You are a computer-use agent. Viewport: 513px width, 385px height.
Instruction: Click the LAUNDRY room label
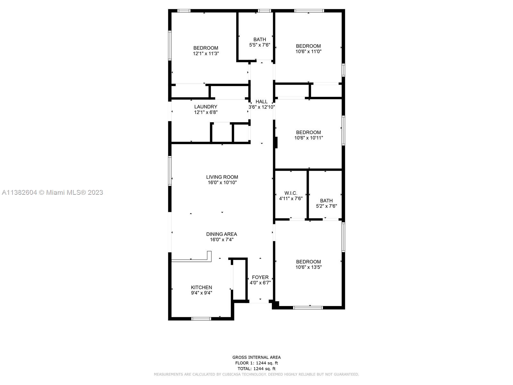[x=206, y=107]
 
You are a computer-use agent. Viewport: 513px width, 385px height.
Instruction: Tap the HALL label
[x=261, y=102]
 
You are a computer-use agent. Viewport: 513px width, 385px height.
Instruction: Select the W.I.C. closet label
[x=291, y=193]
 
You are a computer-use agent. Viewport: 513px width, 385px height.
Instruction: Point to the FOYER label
[x=260, y=277]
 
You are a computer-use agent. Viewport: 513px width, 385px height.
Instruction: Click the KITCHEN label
[x=201, y=287]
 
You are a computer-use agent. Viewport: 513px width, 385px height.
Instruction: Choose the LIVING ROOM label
[x=222, y=177]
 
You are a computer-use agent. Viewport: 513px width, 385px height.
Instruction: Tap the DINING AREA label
[x=222, y=234]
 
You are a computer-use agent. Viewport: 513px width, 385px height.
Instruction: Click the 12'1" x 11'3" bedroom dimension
[x=206, y=54]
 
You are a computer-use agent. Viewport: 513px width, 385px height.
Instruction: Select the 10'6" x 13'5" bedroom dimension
[x=308, y=267]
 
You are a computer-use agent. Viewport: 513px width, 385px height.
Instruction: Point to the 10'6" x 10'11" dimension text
[x=308, y=138]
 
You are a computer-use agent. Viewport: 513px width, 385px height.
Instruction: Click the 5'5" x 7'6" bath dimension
[x=260, y=45]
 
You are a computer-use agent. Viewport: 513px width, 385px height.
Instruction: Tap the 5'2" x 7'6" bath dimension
[x=326, y=206]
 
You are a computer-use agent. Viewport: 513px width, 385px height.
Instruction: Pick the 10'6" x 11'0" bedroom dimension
[x=308, y=51]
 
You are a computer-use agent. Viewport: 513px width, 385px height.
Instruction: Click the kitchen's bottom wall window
[x=201, y=319]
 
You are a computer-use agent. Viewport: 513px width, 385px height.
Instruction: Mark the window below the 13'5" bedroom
[x=308, y=308]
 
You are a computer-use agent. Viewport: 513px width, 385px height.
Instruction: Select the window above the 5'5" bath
[x=265, y=11]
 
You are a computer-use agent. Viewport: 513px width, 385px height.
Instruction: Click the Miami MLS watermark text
[x=52, y=193]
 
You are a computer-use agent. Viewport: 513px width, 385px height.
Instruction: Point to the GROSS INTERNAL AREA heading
[x=256, y=357]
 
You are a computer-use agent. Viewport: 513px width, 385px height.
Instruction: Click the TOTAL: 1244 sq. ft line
[x=256, y=369]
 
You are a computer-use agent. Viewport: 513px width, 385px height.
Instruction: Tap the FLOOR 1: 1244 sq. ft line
[x=256, y=363]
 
